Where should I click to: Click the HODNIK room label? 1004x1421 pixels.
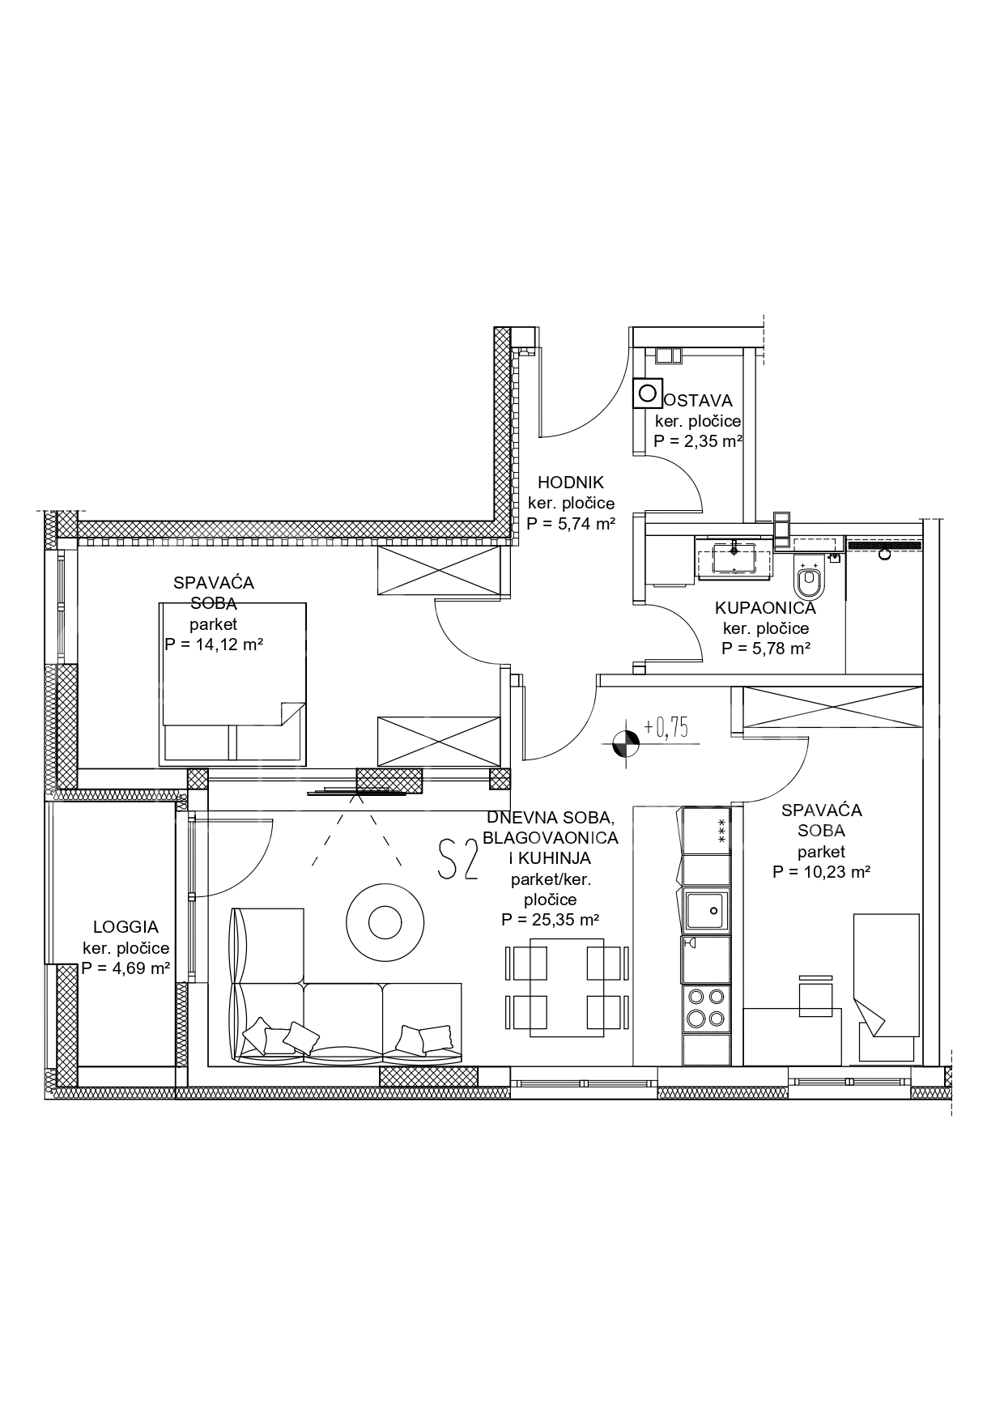(x=571, y=483)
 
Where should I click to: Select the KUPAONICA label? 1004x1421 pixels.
(x=765, y=608)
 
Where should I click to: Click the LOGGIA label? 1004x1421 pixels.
(x=125, y=927)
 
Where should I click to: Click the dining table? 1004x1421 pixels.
(x=566, y=987)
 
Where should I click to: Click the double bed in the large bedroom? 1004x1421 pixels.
(x=234, y=683)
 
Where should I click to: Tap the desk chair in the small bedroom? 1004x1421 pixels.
(x=815, y=995)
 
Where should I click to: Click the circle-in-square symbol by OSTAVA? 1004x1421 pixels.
(x=647, y=394)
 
